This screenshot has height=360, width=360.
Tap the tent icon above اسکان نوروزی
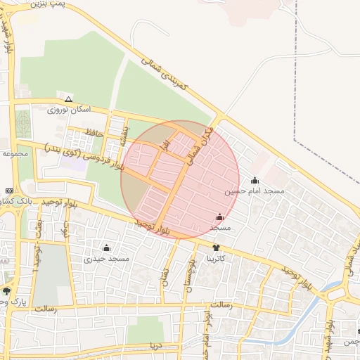[x=68, y=98]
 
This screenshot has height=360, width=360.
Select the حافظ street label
[x=94, y=132]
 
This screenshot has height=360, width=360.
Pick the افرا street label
[x=162, y=146]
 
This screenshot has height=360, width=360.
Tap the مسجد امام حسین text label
[x=255, y=191]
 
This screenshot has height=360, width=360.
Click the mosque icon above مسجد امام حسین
[x=255, y=180]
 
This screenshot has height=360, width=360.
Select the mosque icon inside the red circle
[x=220, y=217]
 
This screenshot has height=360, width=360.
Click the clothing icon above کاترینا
[x=216, y=247]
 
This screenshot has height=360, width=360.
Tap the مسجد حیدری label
[x=107, y=259]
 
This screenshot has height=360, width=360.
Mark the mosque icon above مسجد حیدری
[x=107, y=247]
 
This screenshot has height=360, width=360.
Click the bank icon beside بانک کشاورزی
[x=8, y=191]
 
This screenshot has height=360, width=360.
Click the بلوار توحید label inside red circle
[x=153, y=226]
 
